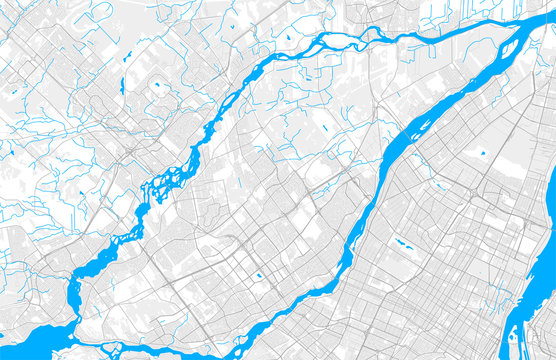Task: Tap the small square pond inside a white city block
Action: point(259,275)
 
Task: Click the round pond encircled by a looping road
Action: point(158,86)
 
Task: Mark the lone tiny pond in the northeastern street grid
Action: point(481,153)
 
